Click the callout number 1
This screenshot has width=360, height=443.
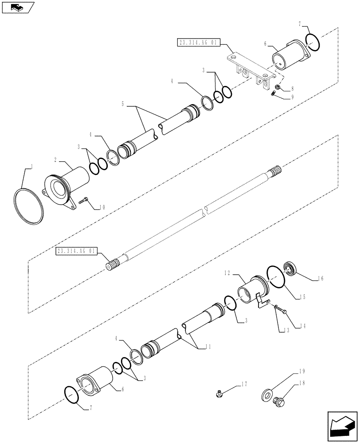tap(31, 167)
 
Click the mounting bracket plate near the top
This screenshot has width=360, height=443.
tap(248, 68)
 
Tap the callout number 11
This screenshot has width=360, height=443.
tap(208, 348)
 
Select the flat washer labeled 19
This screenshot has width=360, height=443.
tap(268, 394)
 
